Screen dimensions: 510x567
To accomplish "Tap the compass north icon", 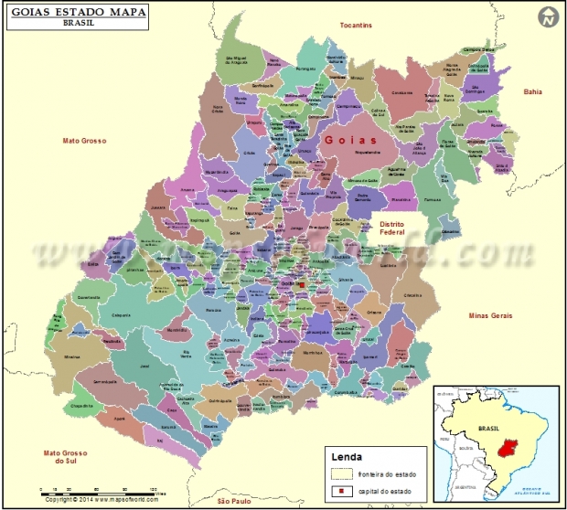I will [x=548, y=16].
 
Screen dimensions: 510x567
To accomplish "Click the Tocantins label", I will [x=356, y=26].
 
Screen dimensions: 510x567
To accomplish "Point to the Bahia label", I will [x=532, y=91].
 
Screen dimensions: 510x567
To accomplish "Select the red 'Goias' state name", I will [x=348, y=140].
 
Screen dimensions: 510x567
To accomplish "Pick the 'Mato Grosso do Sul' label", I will [x=66, y=457].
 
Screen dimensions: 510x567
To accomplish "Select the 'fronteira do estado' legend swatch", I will [x=341, y=473].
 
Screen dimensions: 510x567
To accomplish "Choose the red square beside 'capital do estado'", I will [x=341, y=493].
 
